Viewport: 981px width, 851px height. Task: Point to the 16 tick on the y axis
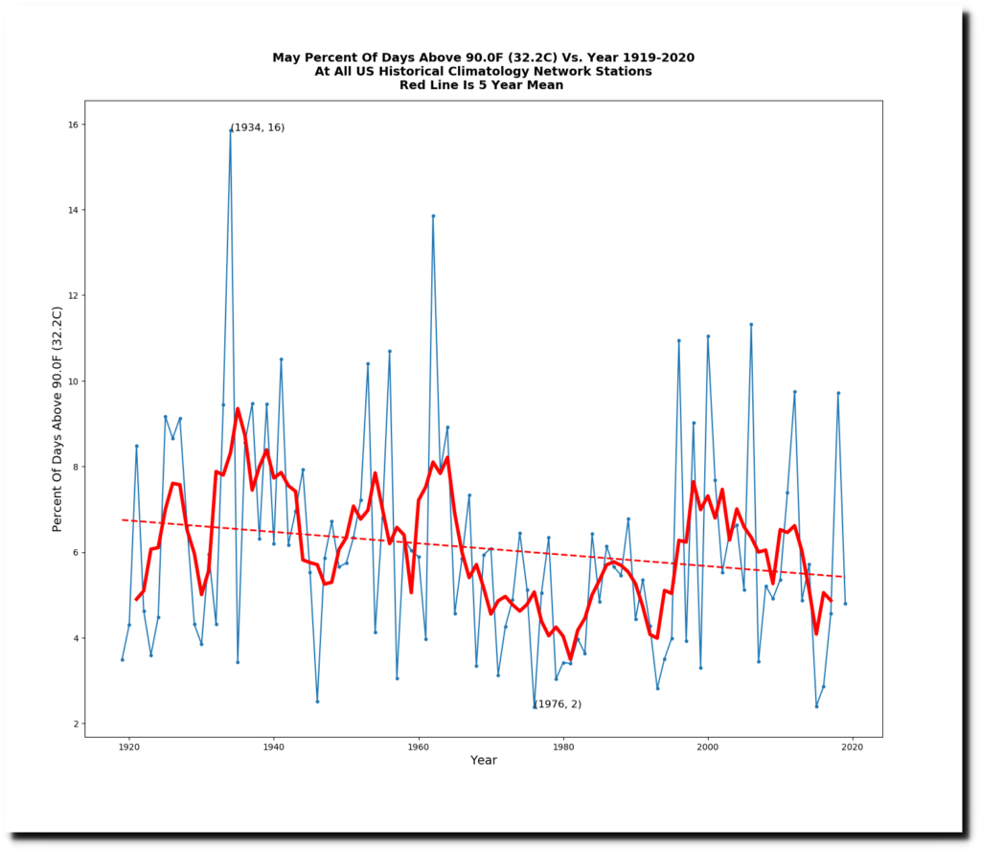coord(84,125)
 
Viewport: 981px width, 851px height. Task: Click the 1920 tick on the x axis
coord(128,737)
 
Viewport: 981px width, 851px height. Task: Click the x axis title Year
coord(484,761)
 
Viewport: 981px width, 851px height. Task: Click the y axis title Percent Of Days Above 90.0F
coord(57,419)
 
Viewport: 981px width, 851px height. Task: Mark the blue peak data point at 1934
coord(230,129)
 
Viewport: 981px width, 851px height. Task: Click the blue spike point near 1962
coord(433,216)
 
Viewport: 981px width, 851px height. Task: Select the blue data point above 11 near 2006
coord(751,324)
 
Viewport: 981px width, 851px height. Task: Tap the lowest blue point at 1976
coord(535,707)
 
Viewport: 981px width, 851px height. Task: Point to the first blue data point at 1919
coord(122,659)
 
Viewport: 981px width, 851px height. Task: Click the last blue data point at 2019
coord(845,604)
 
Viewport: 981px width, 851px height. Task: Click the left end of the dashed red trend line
coord(123,519)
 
